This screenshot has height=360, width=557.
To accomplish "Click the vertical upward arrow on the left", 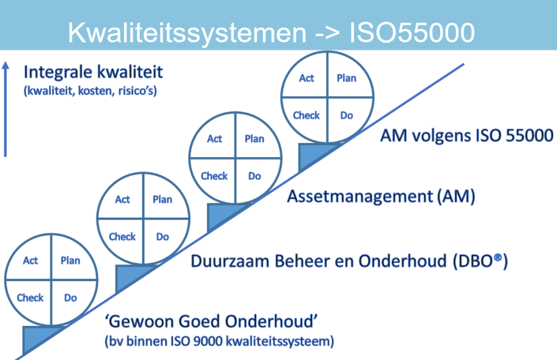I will point(5,109).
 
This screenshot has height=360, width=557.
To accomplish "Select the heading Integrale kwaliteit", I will point(93,72).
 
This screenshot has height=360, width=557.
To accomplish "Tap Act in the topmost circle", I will point(307,78).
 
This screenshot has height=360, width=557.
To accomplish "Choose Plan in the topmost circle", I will point(346,78).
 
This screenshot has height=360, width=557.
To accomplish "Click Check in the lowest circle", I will point(30,297).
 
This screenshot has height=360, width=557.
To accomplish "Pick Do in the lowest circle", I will point(71,297).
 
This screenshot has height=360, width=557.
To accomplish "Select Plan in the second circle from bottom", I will point(163,200).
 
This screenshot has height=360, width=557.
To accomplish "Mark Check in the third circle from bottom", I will point(214,176).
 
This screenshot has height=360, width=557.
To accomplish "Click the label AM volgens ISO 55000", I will point(466,135).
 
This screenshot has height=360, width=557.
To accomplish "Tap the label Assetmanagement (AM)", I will point(381,196).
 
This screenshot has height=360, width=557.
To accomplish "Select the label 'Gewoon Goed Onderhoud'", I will point(212,322).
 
